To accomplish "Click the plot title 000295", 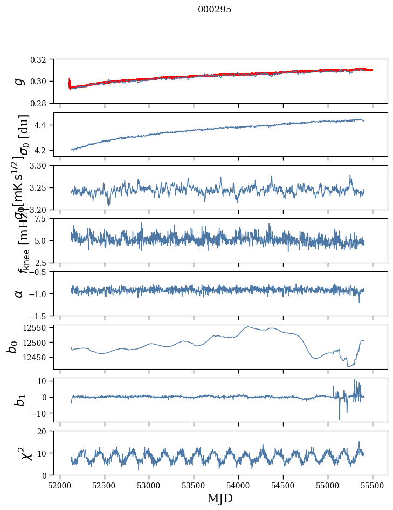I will point(215,10).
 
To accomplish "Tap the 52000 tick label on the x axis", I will point(60,485).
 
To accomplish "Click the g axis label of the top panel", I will point(19,81).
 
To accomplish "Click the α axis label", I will point(19,293).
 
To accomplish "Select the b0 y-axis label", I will point(11,347).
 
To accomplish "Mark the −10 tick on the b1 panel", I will point(42,413).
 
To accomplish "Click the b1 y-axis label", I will point(19,399).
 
